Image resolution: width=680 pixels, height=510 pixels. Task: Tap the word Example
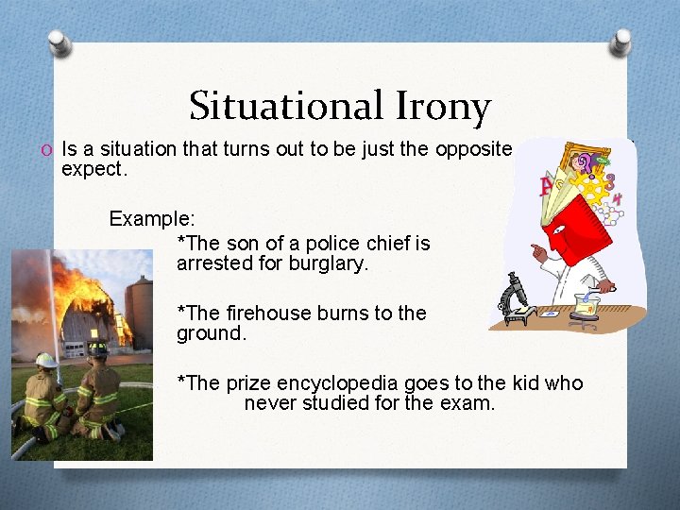point(152,219)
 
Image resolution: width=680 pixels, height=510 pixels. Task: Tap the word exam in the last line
point(472,404)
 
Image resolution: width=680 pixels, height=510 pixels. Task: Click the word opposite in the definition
point(472,149)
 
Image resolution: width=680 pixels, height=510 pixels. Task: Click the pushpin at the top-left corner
point(60,42)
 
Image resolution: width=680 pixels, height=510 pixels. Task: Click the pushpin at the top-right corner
point(620,41)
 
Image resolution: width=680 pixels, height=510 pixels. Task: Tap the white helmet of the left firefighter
point(45,360)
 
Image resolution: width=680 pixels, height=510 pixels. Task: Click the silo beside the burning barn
point(139,312)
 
